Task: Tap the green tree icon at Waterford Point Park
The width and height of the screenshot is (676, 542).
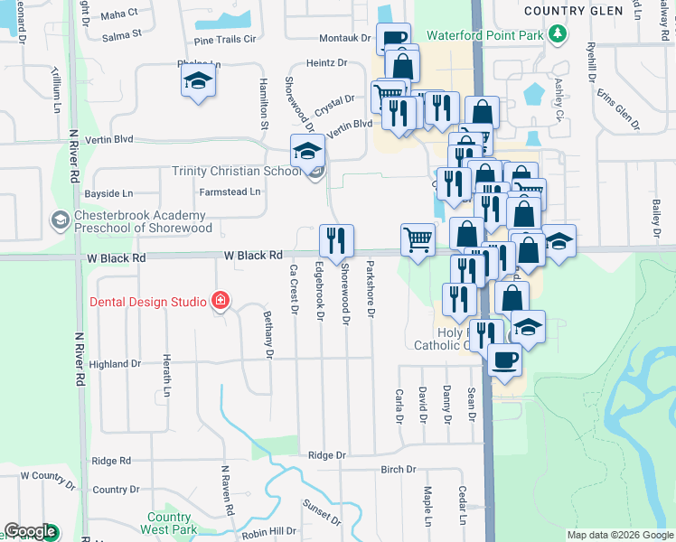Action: tap(559, 35)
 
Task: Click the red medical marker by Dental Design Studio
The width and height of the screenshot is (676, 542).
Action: tap(219, 300)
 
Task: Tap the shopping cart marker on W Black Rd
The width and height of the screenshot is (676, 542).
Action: tap(418, 240)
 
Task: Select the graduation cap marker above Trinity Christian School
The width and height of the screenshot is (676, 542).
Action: tap(307, 150)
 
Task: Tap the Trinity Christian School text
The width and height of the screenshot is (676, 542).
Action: tap(237, 172)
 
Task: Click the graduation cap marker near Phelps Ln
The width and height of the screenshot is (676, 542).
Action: tap(199, 80)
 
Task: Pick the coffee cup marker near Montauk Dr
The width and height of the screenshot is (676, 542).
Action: tap(394, 39)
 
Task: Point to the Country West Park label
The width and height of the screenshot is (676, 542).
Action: tap(172, 524)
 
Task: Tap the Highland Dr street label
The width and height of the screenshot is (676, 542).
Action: tap(116, 364)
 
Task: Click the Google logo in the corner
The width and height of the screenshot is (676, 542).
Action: tap(30, 532)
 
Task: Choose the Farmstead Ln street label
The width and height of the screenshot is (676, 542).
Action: tap(230, 192)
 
